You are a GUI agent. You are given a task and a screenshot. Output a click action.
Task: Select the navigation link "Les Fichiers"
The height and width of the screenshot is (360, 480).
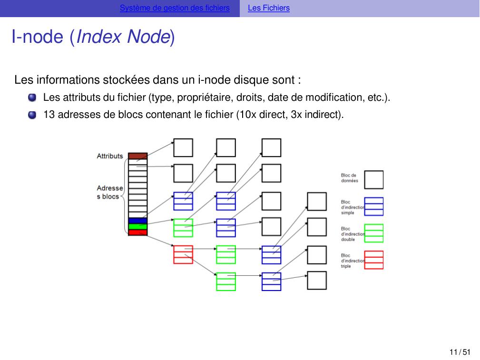[x=268, y=8]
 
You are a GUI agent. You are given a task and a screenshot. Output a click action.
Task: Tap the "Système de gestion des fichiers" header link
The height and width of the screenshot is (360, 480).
[x=175, y=8]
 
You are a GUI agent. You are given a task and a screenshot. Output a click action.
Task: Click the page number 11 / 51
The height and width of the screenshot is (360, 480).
[x=460, y=352]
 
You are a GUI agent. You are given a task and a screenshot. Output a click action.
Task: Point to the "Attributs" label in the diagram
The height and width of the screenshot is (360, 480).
[x=110, y=156]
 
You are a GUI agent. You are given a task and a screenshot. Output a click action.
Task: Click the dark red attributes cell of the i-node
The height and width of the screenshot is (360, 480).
[x=137, y=156]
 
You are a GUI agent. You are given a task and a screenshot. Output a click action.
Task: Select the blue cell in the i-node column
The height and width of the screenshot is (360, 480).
[x=137, y=221]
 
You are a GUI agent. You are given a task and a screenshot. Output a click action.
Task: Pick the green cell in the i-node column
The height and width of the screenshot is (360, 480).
[x=137, y=226]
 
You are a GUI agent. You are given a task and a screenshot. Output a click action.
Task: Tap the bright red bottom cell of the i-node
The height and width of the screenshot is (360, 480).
[x=137, y=232]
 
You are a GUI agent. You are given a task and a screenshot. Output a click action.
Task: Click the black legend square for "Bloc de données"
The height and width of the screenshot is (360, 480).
[x=373, y=180]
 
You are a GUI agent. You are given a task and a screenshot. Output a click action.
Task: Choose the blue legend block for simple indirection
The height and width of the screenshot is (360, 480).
[x=373, y=206]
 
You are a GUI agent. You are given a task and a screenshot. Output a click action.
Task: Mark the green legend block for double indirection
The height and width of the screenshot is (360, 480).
[x=373, y=233]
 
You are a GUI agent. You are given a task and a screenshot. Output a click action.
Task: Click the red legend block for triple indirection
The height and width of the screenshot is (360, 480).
[x=373, y=260]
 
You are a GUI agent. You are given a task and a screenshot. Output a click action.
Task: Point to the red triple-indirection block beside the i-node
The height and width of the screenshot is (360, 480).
[x=183, y=254]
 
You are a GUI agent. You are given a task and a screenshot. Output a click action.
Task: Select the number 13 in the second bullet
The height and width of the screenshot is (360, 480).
[x=49, y=115]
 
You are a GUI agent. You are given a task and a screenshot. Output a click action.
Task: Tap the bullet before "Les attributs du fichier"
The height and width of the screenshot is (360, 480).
[x=32, y=98]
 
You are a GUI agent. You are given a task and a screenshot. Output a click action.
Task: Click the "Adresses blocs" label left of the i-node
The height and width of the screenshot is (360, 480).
[x=109, y=192]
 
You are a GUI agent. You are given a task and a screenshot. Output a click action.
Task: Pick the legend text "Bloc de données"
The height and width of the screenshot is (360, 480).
[x=349, y=178]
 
